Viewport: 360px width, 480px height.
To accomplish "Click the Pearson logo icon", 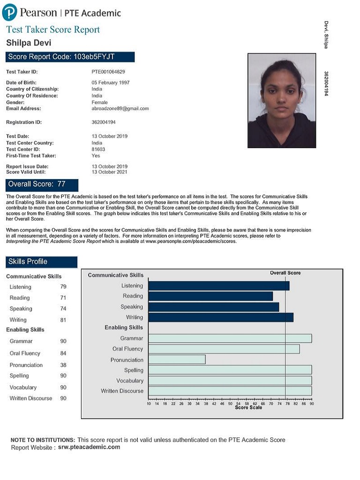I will [x=9, y=12].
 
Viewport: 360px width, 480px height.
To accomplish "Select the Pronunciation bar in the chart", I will [x=177, y=360].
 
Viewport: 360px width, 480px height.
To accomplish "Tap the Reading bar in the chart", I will [x=210, y=296].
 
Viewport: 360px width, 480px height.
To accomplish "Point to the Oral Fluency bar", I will [x=224, y=349].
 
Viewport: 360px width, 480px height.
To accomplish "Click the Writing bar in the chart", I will [x=221, y=317].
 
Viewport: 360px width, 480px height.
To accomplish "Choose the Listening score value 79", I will [x=63, y=287].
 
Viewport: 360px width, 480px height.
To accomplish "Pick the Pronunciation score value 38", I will [x=63, y=365].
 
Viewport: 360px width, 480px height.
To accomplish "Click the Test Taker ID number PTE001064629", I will [x=108, y=72].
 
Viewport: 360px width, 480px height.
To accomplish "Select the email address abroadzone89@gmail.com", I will [x=120, y=108].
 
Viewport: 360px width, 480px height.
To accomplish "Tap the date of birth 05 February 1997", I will [x=111, y=82].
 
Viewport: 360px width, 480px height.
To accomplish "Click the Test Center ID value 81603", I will [x=98, y=150].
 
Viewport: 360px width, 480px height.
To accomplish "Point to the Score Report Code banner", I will [x=70, y=57].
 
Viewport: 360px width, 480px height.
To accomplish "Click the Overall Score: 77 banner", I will [x=42, y=184].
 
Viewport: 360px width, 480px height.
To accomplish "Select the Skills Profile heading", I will [x=41, y=262].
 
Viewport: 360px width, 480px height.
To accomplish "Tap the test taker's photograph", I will [x=281, y=101].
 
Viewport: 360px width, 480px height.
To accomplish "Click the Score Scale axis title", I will [x=248, y=408].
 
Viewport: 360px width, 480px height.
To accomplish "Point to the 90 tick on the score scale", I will [x=311, y=403].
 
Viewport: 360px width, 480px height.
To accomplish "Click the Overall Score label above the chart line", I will [x=285, y=273].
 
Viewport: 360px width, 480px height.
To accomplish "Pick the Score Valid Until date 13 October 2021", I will [x=109, y=172].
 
